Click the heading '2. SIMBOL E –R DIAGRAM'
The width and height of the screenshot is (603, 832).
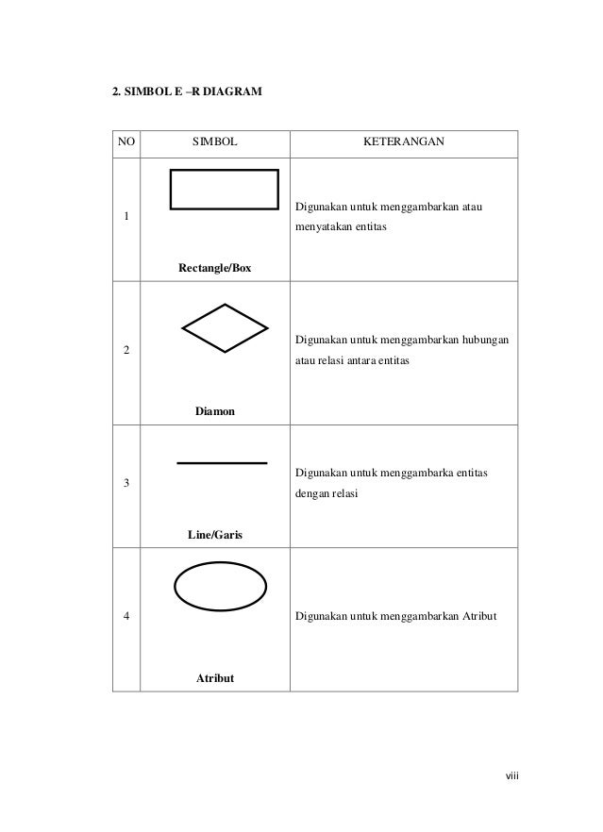(188, 93)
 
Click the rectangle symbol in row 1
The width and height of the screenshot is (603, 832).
(225, 189)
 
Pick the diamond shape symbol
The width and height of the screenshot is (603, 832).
(225, 328)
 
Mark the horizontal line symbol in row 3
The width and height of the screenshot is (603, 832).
(223, 463)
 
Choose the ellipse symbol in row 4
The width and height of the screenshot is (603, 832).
(223, 591)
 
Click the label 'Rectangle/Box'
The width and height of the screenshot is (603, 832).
(215, 268)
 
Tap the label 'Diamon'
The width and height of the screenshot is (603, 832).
(215, 411)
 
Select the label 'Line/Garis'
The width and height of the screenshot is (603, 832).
(215, 535)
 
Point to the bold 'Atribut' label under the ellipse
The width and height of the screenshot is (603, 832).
(214, 678)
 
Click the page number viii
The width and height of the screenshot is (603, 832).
(512, 776)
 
